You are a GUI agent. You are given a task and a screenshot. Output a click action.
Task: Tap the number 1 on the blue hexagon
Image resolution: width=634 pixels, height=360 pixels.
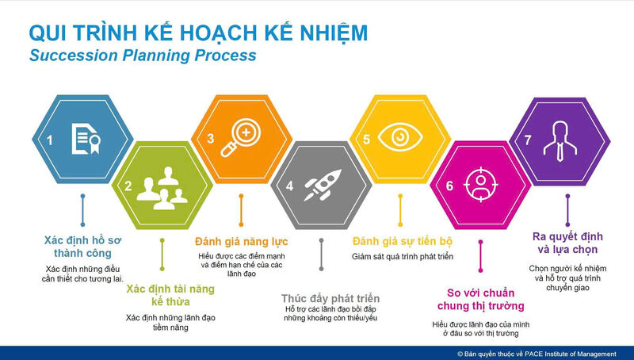(x=49, y=140)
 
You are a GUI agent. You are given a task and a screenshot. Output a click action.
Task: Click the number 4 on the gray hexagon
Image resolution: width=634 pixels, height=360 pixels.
(x=289, y=187)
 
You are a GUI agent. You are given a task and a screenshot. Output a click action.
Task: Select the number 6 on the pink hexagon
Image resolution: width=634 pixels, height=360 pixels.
(x=449, y=187)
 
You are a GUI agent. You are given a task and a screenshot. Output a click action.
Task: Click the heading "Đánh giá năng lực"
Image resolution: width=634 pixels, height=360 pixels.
(x=241, y=241)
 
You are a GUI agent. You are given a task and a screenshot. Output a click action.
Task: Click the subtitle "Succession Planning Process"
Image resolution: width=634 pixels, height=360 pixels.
(x=143, y=56)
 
